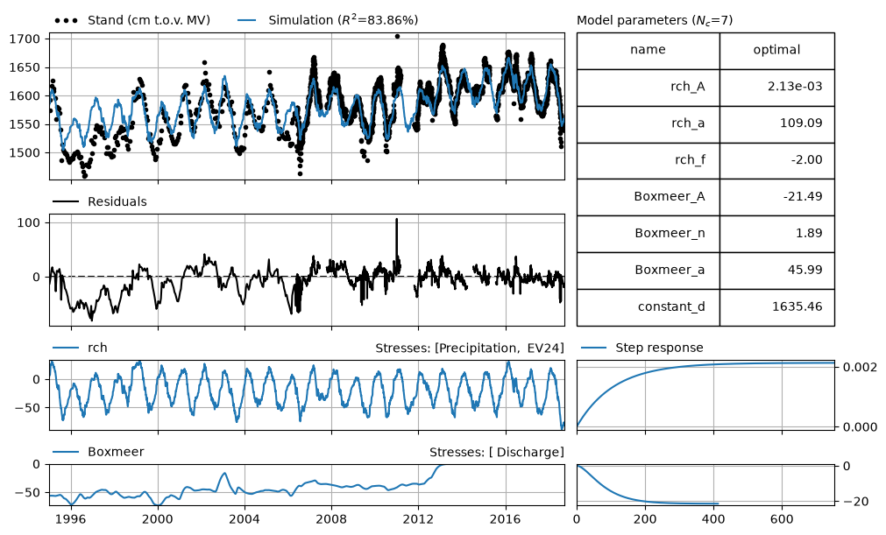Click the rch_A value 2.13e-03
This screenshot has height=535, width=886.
(795, 87)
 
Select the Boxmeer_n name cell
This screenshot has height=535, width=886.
(649, 234)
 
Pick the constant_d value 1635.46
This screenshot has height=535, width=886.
(797, 306)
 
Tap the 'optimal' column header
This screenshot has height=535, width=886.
(777, 50)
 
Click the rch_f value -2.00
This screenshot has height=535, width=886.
(806, 159)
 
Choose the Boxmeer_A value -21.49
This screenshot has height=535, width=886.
(803, 196)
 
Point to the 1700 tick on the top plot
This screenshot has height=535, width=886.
(25, 39)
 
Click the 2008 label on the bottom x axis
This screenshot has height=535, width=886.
(331, 519)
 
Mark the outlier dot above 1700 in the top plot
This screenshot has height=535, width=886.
(397, 36)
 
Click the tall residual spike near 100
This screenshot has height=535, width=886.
(397, 237)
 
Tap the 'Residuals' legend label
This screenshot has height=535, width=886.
(117, 202)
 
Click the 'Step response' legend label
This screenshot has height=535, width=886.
(659, 348)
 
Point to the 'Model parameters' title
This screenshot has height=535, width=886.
(655, 21)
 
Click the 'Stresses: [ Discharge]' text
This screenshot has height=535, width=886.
(497, 452)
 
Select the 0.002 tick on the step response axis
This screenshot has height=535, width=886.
(860, 368)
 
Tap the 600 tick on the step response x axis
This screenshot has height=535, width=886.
(782, 519)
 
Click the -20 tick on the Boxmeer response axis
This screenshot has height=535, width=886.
(856, 502)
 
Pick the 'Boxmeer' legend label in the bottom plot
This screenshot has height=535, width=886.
(116, 452)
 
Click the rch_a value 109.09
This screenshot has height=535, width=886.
(801, 123)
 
